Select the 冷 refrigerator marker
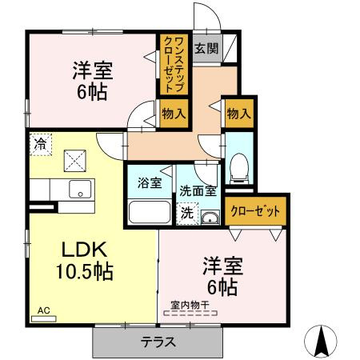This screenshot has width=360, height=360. click(x=39, y=144)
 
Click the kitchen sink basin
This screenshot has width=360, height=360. click(x=79, y=190)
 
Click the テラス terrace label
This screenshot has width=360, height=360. click(x=142, y=341)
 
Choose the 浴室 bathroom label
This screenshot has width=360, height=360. click(x=150, y=182)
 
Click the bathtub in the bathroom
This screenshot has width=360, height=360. click(x=150, y=214)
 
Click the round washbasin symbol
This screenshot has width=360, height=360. click(x=210, y=219)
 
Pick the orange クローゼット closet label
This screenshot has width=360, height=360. click(x=255, y=211)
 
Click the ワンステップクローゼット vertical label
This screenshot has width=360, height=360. click(x=174, y=65)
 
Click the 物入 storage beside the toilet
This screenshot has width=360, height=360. click(x=238, y=114)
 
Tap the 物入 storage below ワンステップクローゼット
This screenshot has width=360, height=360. click(x=174, y=113)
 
